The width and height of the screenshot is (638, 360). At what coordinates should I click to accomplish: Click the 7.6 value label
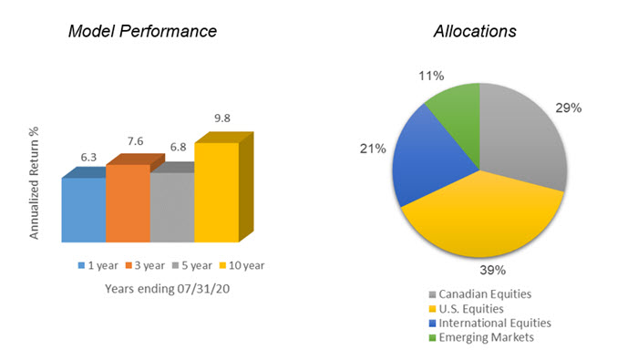(x=135, y=143)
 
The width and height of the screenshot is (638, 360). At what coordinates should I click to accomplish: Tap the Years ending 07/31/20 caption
(x=159, y=290)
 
